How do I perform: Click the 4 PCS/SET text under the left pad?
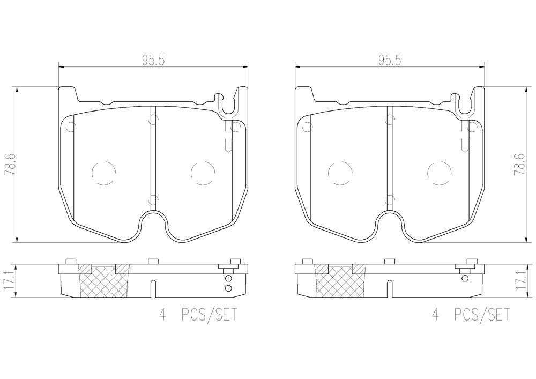pos(199,315)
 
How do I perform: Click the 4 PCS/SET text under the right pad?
pos(471,315)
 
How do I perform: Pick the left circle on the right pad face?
pos(339,172)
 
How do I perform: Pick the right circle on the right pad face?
pos(439,172)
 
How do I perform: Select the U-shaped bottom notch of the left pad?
pos(153,225)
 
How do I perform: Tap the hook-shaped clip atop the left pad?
pos(228,105)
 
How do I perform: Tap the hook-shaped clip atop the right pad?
pos(464,105)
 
